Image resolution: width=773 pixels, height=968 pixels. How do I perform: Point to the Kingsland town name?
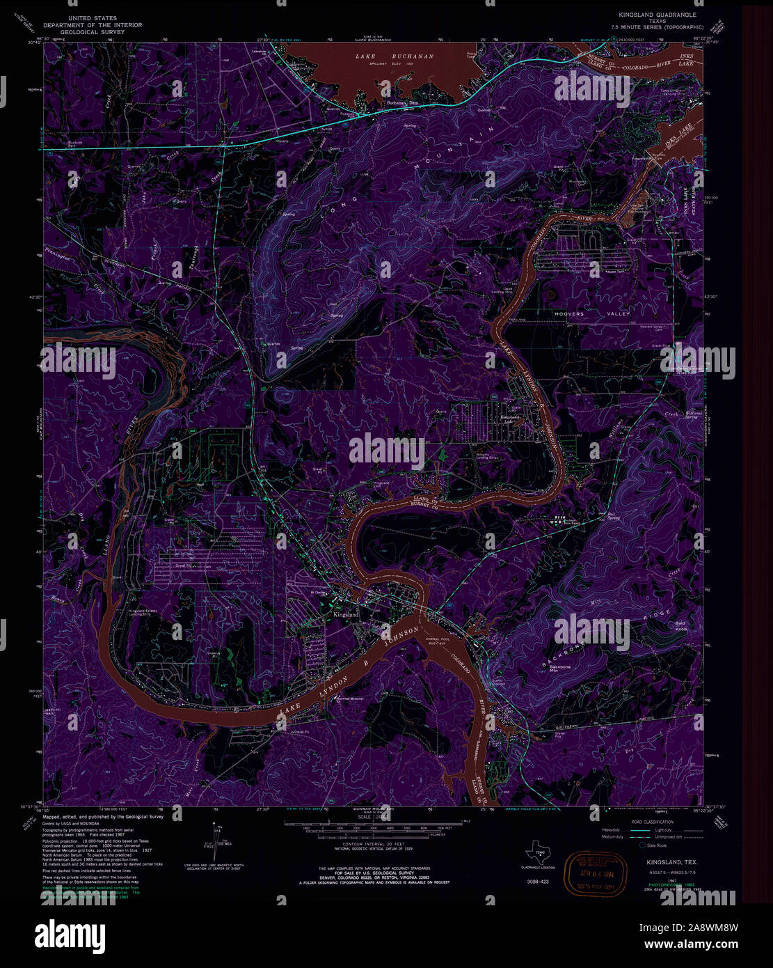pyautogui.click(x=346, y=616)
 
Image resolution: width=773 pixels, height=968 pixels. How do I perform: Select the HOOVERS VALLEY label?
pyautogui.click(x=592, y=314)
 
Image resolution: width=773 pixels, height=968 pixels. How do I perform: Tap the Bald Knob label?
pyautogui.click(x=680, y=626)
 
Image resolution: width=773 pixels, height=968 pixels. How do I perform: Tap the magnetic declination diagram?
pyautogui.click(x=217, y=843)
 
